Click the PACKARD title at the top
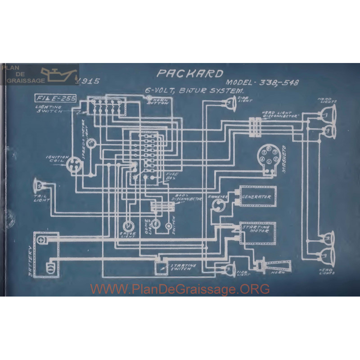coord(189,74)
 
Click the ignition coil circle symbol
coord(73,165)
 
